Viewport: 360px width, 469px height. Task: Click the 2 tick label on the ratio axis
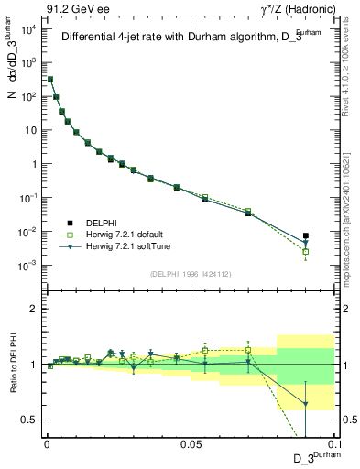pos(35,309)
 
